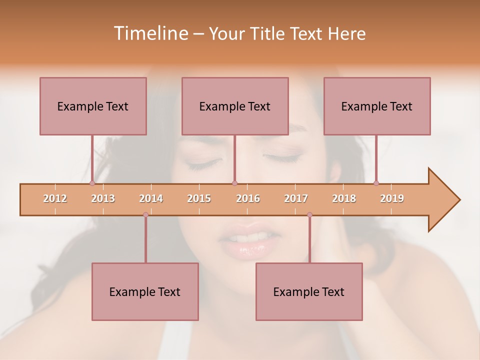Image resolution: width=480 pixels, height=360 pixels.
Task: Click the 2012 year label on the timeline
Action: tap(55, 198)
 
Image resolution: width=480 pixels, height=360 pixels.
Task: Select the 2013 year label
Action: tap(103, 198)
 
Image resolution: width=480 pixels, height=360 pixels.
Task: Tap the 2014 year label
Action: tap(151, 198)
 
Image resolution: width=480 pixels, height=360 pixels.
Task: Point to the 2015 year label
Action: tap(199, 198)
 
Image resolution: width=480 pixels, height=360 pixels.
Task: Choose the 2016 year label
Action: tap(248, 198)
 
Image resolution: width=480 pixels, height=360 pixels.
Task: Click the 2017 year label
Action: tap(296, 198)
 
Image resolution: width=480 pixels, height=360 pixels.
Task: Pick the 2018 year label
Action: tap(344, 198)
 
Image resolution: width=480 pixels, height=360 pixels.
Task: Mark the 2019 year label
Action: tap(392, 198)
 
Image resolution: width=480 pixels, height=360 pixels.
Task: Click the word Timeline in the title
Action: tap(150, 33)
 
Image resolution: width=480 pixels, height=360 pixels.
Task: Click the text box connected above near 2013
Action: tap(93, 106)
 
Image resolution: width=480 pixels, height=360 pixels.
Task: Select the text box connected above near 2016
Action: tap(235, 106)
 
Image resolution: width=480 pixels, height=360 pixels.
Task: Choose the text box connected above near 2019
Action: tap(377, 106)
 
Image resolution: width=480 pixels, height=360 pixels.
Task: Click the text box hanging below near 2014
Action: tap(145, 291)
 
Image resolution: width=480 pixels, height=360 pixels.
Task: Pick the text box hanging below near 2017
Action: tap(309, 291)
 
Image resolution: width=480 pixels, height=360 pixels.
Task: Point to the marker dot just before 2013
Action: tap(92, 183)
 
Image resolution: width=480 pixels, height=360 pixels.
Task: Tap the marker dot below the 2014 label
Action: tap(145, 215)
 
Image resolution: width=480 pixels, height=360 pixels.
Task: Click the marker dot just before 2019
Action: tap(376, 183)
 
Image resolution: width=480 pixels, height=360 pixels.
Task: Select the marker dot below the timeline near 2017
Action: tap(309, 215)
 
